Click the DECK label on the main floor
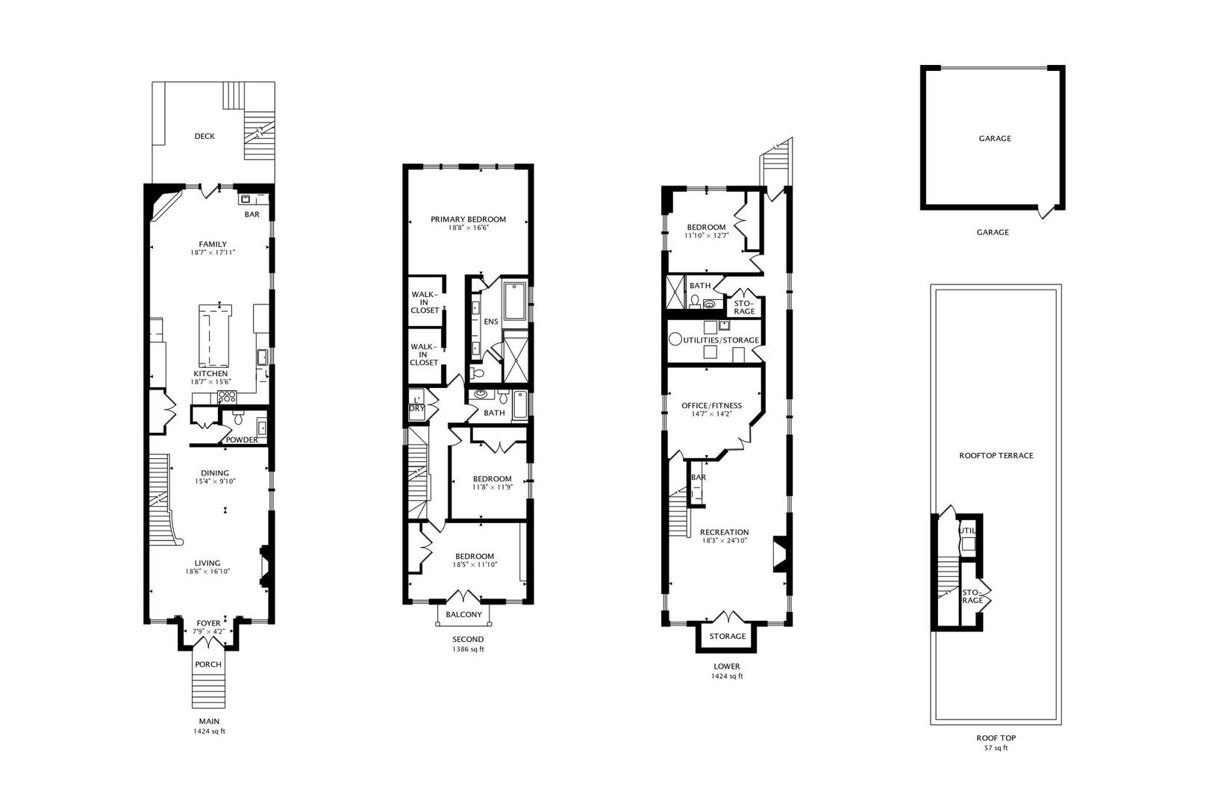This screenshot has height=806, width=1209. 204,136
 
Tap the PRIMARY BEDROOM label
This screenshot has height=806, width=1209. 468,219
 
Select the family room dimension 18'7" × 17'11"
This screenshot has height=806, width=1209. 213,253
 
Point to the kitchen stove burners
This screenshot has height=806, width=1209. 227,397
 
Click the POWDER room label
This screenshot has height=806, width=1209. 242,440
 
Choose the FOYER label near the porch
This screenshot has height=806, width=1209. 208,623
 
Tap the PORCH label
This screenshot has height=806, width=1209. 208,664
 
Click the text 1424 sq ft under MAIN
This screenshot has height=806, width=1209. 210,731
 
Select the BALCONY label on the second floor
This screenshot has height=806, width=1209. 463,614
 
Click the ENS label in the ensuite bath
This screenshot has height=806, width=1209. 491,322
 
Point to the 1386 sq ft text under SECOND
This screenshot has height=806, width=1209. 468,649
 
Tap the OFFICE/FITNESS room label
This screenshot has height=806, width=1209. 711,405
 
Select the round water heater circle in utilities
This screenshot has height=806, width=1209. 675,340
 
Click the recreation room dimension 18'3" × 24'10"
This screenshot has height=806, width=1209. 725,540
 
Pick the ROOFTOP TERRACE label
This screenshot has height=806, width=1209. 996,456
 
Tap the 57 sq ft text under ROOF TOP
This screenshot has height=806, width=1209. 996,749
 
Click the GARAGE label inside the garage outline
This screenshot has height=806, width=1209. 995,138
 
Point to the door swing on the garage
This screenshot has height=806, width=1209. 1046,213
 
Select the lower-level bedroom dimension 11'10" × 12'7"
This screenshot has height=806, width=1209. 707,235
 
